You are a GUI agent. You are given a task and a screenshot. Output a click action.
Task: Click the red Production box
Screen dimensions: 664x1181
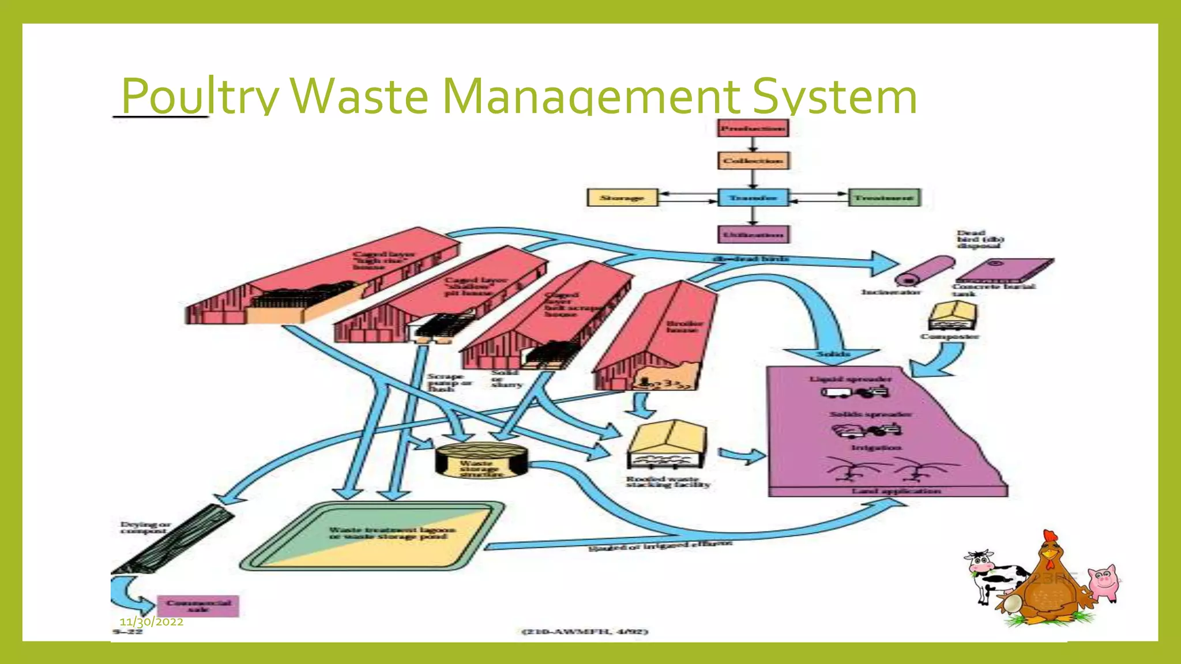[753, 128]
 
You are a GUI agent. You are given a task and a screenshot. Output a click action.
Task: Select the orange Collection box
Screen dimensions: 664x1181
[753, 161]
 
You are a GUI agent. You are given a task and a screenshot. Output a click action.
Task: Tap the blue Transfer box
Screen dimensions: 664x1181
[753, 198]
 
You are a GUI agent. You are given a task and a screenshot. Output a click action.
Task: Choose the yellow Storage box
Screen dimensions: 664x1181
[622, 198]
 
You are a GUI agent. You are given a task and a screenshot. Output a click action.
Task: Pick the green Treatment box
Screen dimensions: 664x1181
[884, 198]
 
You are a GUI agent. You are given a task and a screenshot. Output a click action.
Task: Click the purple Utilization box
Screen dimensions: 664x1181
[753, 235]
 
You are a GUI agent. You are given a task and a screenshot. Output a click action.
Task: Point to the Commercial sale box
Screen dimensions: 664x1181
[198, 606]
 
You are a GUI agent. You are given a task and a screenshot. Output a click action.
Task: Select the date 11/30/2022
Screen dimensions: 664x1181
[152, 622]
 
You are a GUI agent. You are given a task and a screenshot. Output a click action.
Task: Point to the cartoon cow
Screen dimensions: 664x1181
[992, 576]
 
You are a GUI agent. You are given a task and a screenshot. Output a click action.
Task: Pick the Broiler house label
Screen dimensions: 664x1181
[684, 326]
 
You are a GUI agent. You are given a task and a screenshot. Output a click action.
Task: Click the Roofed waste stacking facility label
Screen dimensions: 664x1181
[668, 482]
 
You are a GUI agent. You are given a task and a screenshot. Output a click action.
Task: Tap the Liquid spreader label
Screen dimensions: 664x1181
[850, 379]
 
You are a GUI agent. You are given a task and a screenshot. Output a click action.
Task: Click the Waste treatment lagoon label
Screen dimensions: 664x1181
[392, 533]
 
